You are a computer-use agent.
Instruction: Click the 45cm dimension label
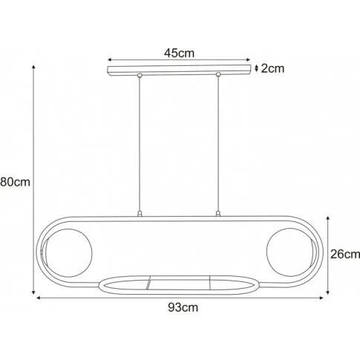[179, 53]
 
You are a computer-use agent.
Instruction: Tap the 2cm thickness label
[272, 68]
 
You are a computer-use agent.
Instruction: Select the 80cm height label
[15, 182]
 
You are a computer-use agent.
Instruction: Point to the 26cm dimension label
[345, 254]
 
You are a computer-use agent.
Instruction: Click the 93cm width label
[183, 307]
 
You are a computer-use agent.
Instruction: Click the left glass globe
[68, 252]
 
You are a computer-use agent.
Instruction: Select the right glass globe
[290, 252]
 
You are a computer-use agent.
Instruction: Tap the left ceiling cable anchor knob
[140, 75]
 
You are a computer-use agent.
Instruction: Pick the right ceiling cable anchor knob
[218, 74]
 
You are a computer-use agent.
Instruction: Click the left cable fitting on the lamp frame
[140, 214]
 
